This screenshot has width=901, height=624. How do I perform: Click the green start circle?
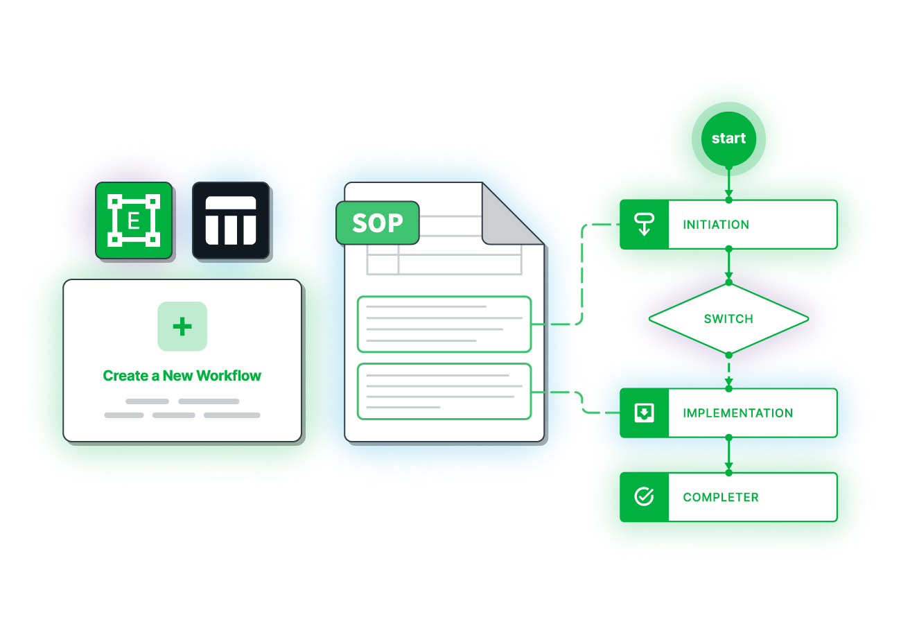(x=728, y=139)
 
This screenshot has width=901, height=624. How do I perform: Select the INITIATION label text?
(x=716, y=225)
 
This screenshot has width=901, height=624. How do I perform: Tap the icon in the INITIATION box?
(x=645, y=225)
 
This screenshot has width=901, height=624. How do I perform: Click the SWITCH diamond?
(x=728, y=319)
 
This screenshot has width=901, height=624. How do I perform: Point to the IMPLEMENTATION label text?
(x=737, y=413)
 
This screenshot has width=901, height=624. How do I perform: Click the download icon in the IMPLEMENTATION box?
(x=645, y=413)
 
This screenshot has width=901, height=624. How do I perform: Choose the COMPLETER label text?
(x=721, y=497)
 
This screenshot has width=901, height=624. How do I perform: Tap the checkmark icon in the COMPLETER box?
(x=645, y=497)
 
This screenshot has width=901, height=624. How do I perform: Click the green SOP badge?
(x=378, y=223)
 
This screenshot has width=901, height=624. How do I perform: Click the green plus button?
(x=182, y=327)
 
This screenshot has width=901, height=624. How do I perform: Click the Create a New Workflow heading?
(x=182, y=376)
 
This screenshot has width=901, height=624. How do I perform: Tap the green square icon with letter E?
(x=134, y=221)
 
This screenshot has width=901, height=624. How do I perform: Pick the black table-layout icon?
(x=231, y=221)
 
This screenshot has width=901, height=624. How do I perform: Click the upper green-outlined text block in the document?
(x=444, y=324)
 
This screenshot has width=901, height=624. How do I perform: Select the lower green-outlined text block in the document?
(x=444, y=391)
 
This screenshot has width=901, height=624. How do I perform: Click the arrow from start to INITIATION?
(x=728, y=184)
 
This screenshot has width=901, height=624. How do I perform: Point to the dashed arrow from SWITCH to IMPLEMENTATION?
(x=728, y=372)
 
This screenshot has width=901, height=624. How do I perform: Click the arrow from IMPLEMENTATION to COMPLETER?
(x=728, y=456)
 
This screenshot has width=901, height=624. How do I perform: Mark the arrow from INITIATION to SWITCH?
(x=728, y=266)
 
